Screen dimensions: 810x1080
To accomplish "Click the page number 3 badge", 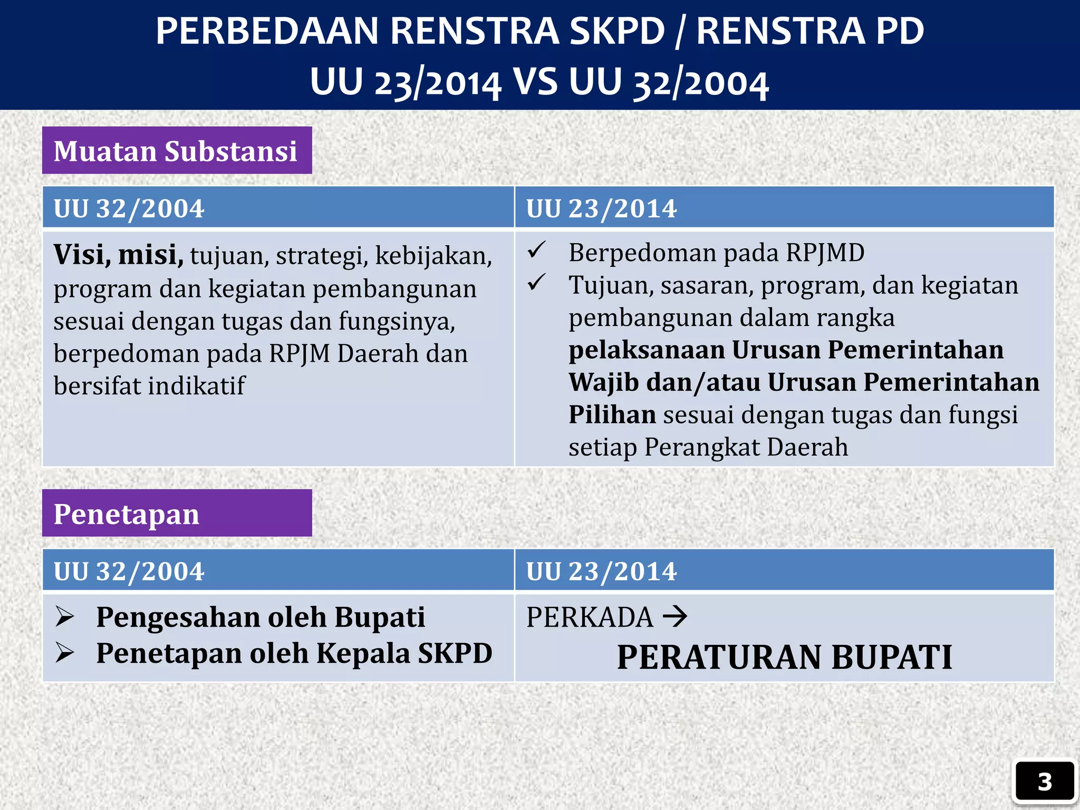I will [1044, 782].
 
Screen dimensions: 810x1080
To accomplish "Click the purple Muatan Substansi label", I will [177, 151].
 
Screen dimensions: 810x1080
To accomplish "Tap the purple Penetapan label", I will [177, 514].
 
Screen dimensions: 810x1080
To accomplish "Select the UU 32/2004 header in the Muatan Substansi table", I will [129, 208].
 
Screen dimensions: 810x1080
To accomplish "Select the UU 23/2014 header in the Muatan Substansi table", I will [601, 208].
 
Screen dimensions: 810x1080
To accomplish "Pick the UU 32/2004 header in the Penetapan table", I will [129, 571].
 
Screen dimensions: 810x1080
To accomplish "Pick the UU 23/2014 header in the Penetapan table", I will [601, 571].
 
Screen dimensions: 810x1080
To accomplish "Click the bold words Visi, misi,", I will [118, 255].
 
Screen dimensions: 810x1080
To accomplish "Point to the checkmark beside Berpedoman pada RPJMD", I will [536, 250].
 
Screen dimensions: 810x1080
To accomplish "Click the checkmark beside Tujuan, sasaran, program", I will [536, 283].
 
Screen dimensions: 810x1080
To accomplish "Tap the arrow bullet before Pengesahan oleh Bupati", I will [65, 616].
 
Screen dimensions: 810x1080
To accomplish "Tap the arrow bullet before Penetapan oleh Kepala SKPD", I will [65, 653].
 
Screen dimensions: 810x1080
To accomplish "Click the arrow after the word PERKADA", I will [675, 616].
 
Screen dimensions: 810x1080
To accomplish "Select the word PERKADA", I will [590, 617].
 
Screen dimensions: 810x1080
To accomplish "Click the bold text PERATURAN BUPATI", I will [784, 657].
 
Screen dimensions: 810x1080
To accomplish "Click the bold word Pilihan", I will [612, 414].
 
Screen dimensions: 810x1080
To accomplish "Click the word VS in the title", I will [535, 82].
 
